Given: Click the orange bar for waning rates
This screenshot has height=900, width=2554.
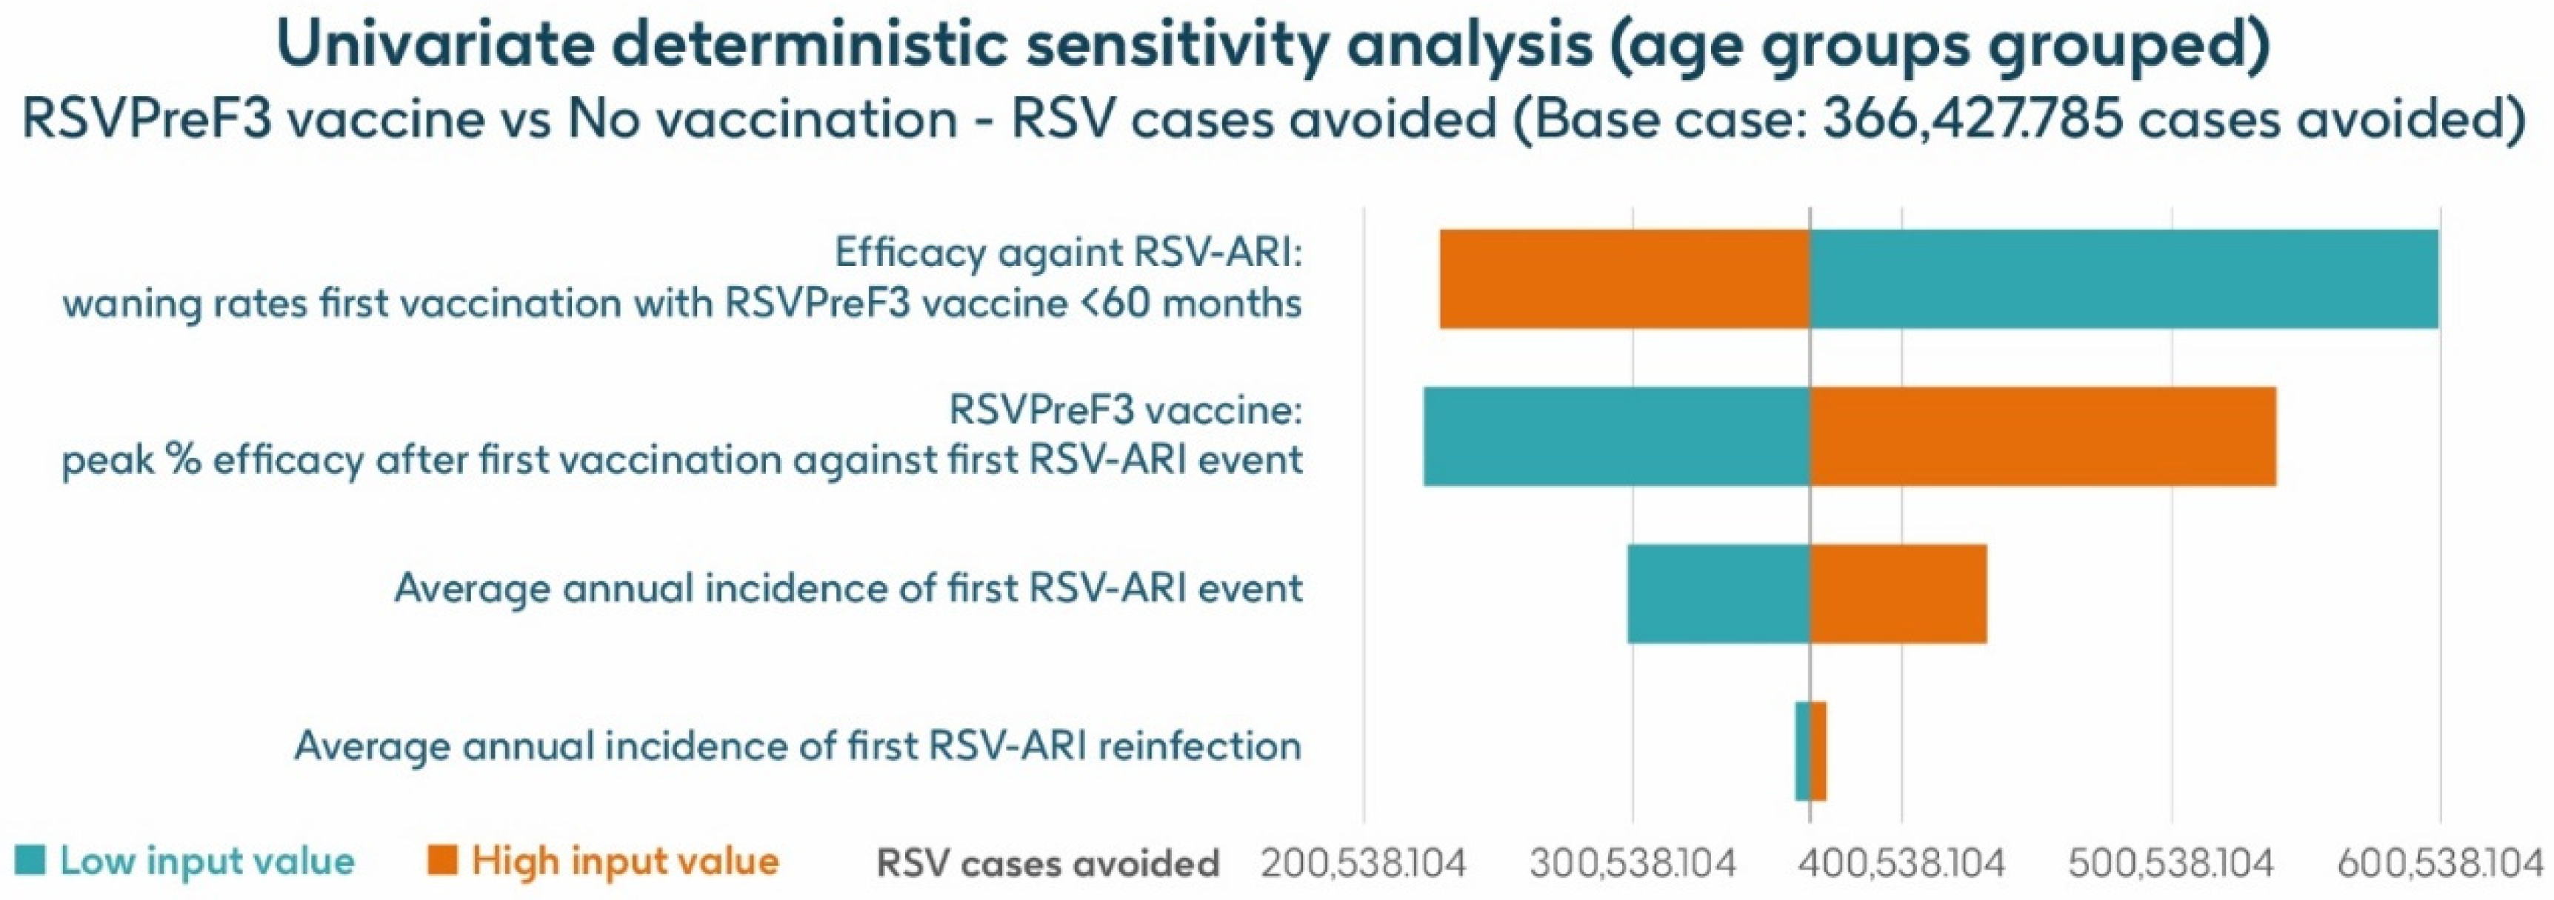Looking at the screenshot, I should (x=1624, y=279).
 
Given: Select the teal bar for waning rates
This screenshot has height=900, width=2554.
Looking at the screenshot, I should (x=2123, y=279).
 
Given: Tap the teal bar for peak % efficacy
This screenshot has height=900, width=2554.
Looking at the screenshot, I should (x=1616, y=436).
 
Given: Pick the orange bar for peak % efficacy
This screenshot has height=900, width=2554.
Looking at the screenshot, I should (x=2042, y=436).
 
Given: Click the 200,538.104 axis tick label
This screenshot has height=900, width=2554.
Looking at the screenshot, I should (x=1362, y=863).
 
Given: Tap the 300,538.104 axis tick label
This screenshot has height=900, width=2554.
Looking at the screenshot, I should (x=1632, y=863).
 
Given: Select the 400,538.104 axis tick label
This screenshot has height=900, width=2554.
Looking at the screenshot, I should (x=1901, y=863).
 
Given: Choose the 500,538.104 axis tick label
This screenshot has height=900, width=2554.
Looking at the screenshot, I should (x=2171, y=863).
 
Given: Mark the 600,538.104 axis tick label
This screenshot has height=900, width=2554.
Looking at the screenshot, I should (x=2439, y=863).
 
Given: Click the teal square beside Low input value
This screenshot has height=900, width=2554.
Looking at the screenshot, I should (x=30, y=859).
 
